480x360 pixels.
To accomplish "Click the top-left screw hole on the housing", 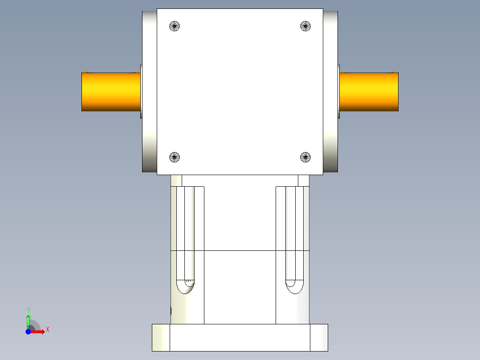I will coord(175,26).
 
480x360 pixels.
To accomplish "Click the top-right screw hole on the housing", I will coord(305,26).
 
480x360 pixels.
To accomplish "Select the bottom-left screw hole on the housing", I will coord(175,157).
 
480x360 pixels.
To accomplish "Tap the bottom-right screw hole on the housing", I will coord(305,157).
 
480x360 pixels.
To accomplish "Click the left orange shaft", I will coord(111,92).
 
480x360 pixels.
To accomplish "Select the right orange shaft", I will coord(369,92).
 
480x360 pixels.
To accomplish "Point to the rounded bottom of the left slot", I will coord(185,287).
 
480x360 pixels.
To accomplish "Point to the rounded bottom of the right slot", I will coord(294,287).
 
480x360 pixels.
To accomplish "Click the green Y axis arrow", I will coord(28,320).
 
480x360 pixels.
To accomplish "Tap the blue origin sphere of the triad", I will coord(28,331).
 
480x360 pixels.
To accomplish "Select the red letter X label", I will coord(47,330).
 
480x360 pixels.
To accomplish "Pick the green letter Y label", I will coord(28,309).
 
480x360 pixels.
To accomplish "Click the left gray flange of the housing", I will coord(149,92).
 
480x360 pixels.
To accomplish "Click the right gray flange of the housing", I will coord(330,92).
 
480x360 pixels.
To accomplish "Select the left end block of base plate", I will coord(161,337).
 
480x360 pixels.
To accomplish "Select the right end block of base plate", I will coord(319,337).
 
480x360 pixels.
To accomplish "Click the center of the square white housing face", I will coord(240,92).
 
